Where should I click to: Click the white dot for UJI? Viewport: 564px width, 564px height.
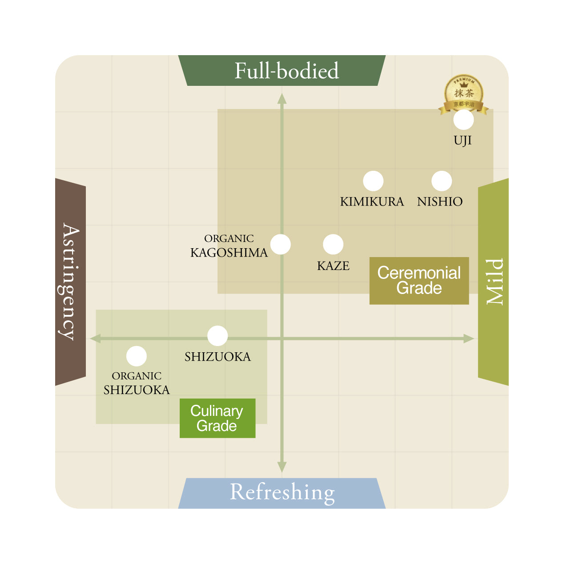[463, 119]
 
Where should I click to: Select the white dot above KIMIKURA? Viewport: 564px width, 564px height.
[373, 181]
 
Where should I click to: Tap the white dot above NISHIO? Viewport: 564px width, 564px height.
[442, 181]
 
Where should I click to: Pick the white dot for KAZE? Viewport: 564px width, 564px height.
[333, 244]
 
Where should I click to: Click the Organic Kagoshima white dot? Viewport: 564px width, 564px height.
[280, 244]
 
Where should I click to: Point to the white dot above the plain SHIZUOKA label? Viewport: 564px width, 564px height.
[218, 336]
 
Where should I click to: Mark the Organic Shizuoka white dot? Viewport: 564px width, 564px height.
[137, 356]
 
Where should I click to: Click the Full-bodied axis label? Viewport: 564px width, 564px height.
[287, 71]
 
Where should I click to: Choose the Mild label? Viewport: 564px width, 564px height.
[495, 282]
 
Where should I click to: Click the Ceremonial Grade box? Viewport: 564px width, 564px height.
[419, 281]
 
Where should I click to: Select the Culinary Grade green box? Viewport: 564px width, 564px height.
[218, 418]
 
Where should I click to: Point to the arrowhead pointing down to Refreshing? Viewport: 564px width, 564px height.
[282, 467]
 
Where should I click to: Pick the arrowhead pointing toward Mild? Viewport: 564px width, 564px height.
[468, 339]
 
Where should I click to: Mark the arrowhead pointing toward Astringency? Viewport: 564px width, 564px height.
[96, 338]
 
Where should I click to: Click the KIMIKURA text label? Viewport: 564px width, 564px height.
[372, 201]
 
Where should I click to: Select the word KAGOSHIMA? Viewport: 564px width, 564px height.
[229, 253]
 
